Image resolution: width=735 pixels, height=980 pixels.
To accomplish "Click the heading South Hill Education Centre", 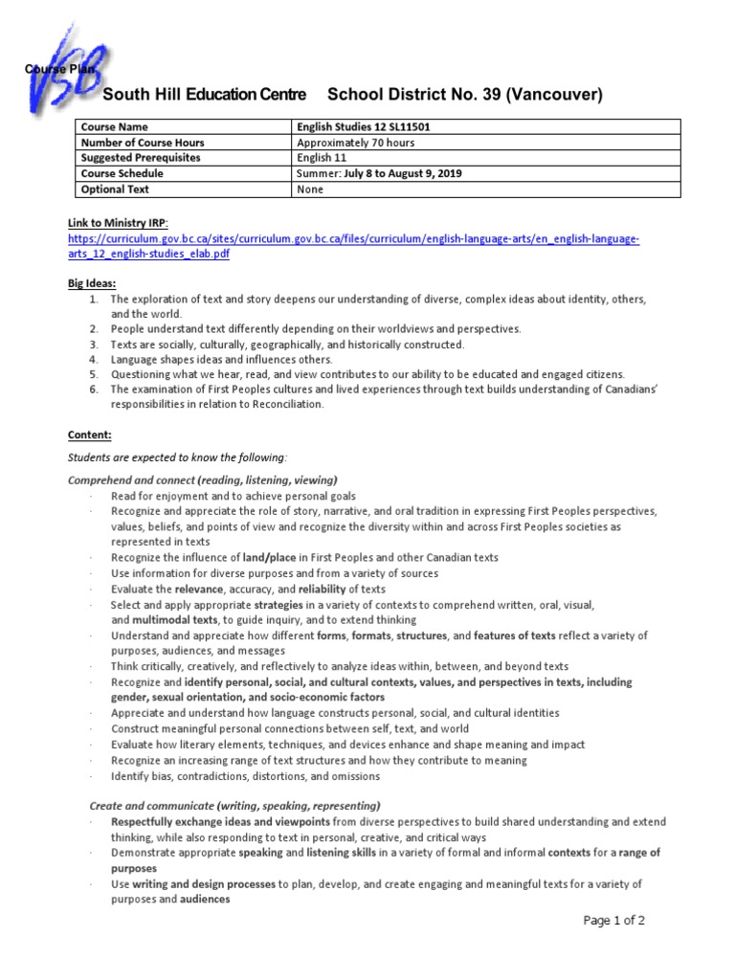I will [x=204, y=95].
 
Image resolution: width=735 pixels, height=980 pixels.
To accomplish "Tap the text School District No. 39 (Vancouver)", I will [x=465, y=95].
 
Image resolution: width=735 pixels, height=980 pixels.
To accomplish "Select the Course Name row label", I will [x=114, y=127].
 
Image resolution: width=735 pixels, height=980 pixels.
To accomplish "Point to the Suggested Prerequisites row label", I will [x=141, y=158].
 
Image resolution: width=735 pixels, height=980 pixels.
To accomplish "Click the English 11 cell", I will [x=323, y=158].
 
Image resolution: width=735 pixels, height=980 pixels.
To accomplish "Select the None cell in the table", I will [x=311, y=189].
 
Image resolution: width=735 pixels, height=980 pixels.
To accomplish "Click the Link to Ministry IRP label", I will [x=118, y=223].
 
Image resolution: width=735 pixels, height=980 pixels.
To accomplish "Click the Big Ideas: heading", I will [x=92, y=284].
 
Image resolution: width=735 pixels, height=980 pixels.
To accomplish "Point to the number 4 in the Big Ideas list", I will [x=93, y=359].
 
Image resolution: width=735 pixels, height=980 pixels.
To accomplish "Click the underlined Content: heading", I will [x=88, y=434].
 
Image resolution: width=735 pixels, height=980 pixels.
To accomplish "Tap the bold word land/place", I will [x=269, y=557].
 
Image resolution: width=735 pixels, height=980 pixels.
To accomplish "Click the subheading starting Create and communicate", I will [x=234, y=806].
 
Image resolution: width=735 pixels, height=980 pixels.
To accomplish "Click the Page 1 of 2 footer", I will [x=614, y=921].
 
